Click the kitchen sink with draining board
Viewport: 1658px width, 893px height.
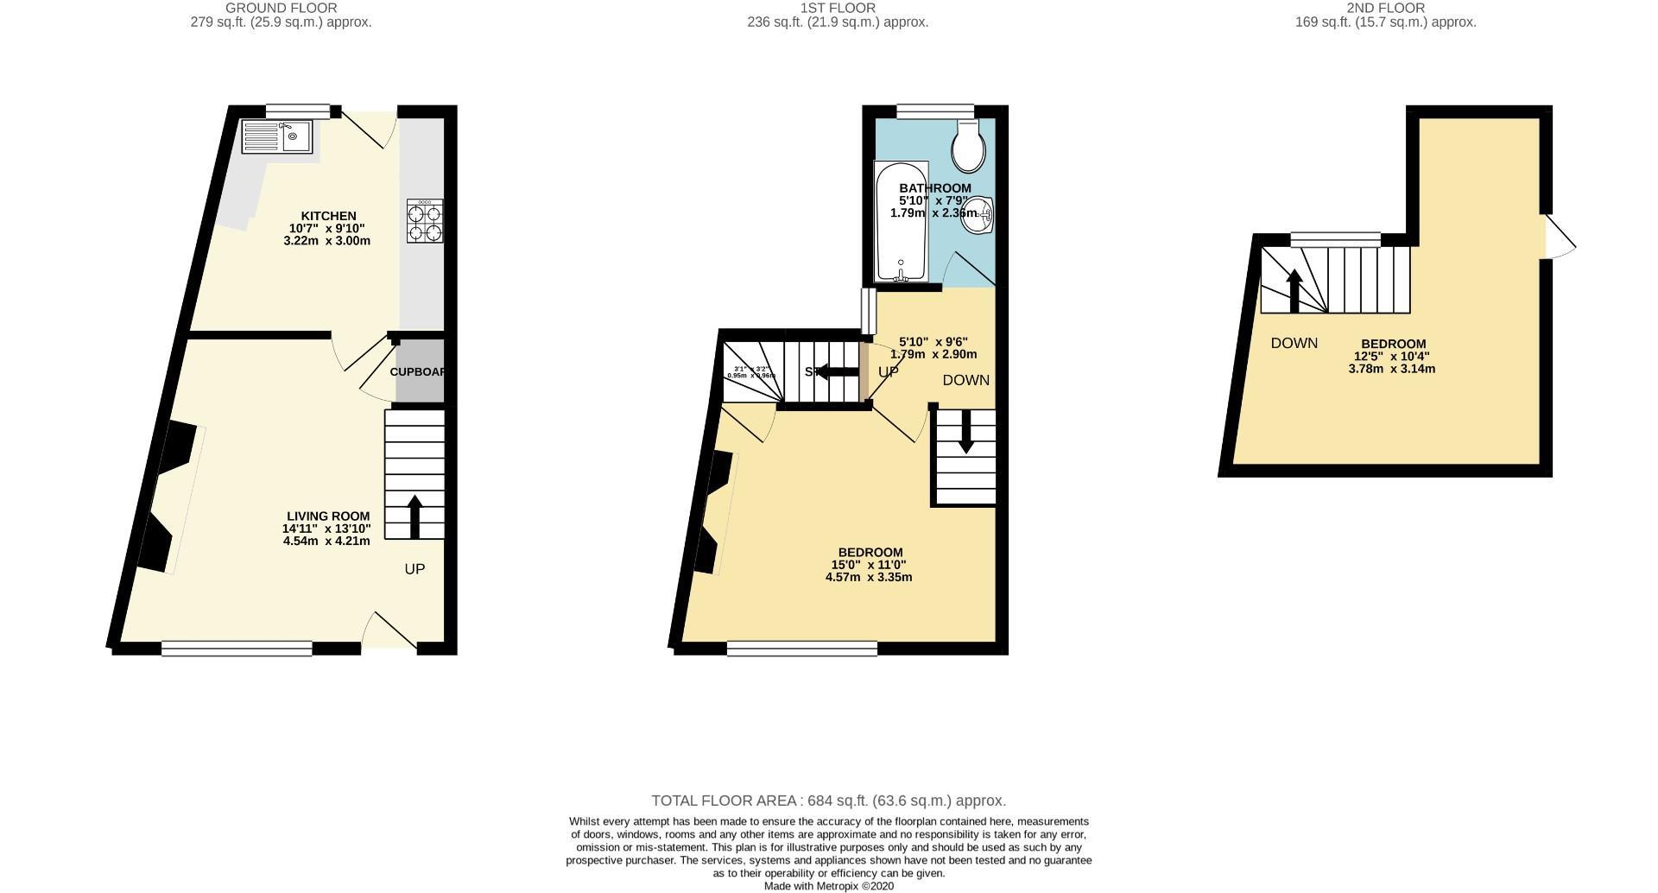pyautogui.click(x=277, y=136)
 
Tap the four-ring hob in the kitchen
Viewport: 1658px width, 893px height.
pyautogui.click(x=425, y=220)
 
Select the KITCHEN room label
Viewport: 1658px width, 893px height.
pyautogui.click(x=328, y=216)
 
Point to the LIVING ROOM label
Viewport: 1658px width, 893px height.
pyautogui.click(x=328, y=516)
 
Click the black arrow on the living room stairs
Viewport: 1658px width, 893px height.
pyautogui.click(x=414, y=516)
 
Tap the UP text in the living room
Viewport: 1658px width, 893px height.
pyautogui.click(x=414, y=569)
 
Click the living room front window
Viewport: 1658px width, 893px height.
pyautogui.click(x=237, y=648)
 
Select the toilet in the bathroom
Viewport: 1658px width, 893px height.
pyautogui.click(x=968, y=148)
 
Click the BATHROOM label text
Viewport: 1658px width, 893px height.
pyautogui.click(x=934, y=188)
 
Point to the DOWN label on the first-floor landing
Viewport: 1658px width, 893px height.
pyautogui.click(x=965, y=380)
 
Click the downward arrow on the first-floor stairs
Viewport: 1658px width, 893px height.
pyautogui.click(x=965, y=431)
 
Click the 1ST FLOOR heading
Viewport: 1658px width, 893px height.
pyautogui.click(x=838, y=8)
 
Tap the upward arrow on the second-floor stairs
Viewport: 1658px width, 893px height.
pyautogui.click(x=1294, y=290)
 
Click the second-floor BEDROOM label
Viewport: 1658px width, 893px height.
pyautogui.click(x=1393, y=343)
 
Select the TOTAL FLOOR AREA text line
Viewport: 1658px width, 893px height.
pyautogui.click(x=828, y=801)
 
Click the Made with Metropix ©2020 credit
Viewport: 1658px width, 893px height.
pyautogui.click(x=828, y=886)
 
